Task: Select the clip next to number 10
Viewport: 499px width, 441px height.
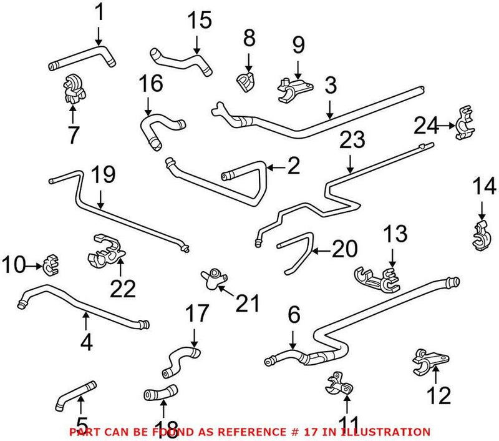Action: [50, 266]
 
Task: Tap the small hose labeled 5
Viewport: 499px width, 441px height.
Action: [74, 395]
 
